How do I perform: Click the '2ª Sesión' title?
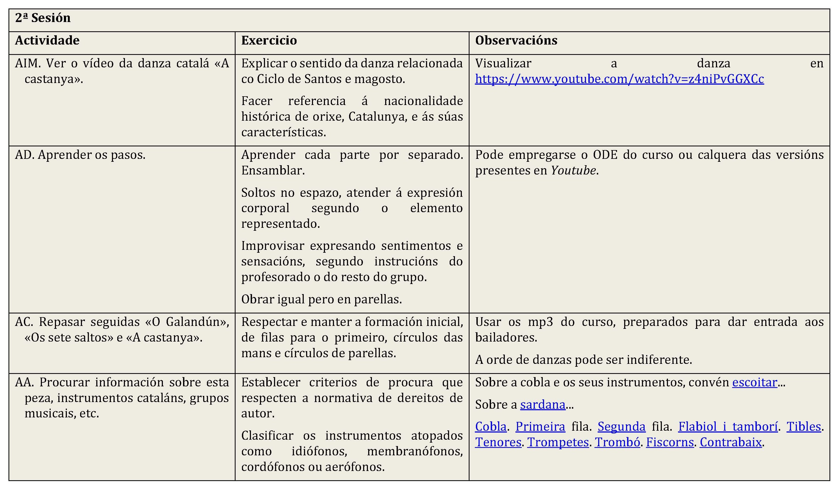point(43,18)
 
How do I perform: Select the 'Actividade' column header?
point(47,40)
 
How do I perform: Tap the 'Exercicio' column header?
point(269,40)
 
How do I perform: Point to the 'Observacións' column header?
point(516,40)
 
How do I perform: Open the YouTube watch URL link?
point(619,79)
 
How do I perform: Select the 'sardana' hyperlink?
point(542,405)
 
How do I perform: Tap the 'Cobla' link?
point(490,427)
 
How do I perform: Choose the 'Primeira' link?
point(540,427)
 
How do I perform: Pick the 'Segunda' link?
point(621,427)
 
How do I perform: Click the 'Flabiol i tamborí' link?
point(728,427)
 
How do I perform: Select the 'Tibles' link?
point(803,427)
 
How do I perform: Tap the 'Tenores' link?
point(498,442)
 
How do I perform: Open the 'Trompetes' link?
point(558,442)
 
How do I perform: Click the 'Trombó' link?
point(617,442)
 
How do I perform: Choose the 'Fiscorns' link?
point(670,442)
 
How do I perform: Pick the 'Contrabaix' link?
point(731,442)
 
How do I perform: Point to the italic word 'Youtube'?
point(573,171)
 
